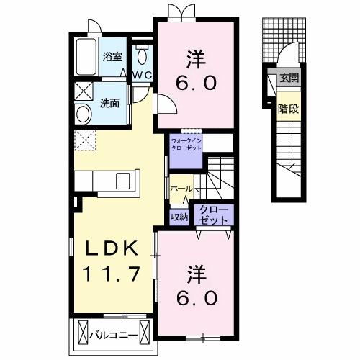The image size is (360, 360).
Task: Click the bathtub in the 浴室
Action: (86, 57)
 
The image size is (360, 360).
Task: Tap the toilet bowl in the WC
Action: (142, 55)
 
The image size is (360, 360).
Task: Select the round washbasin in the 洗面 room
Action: (84, 114)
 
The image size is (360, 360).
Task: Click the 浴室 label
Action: (112, 57)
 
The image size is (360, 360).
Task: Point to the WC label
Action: (142, 76)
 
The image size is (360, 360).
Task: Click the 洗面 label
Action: (109, 103)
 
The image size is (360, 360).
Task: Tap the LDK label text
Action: (112, 248)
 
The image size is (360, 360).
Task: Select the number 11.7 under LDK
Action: (111, 274)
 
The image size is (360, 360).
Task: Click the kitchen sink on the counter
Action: (123, 181)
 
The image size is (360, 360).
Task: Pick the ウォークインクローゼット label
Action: (186, 144)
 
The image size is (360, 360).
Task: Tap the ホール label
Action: (181, 189)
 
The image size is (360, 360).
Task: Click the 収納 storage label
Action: (179, 217)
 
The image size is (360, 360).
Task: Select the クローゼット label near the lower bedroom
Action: (213, 215)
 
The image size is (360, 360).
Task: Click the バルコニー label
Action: (114, 335)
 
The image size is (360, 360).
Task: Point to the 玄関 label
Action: (289, 78)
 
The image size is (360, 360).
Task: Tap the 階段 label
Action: (288, 109)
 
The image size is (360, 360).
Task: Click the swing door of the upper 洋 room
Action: (166, 104)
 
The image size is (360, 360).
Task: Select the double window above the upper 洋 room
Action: (181, 12)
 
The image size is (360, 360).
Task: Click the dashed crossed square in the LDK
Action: (85, 140)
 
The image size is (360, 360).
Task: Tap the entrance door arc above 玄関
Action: (287, 53)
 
